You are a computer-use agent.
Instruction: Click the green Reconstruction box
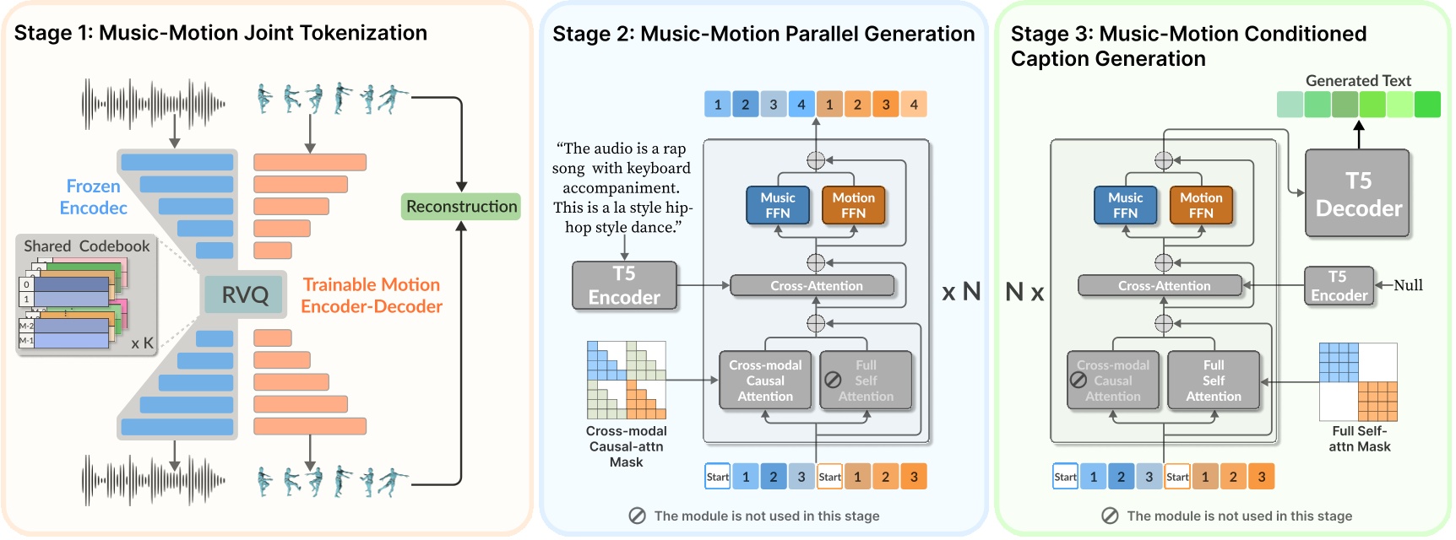coord(461,207)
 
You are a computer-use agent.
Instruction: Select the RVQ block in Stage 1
coord(244,294)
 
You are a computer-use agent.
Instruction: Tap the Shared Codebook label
coord(86,246)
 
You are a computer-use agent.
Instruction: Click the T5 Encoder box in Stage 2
coord(624,286)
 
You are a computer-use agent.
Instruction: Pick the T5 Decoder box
coord(1357,194)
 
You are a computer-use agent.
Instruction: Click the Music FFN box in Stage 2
coord(777,205)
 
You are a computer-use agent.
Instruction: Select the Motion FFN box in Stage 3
coord(1200,205)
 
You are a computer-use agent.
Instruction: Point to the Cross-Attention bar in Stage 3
coord(1163,286)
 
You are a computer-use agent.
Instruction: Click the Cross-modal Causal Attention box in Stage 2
coord(765,381)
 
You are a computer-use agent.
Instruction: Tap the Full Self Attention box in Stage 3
coord(1213,381)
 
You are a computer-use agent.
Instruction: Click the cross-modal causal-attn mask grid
coord(626,380)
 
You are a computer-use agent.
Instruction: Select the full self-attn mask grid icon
coord(1357,381)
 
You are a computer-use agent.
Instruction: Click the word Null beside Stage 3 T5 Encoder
coord(1408,285)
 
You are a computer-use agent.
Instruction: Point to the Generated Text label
coord(1357,81)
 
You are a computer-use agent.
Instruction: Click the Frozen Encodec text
coord(93,197)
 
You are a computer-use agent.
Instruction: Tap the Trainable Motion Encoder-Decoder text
coord(372,295)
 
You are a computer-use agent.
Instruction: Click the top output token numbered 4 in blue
coord(801,105)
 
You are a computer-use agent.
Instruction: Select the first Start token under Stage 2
coord(717,477)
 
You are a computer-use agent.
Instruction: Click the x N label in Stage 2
coord(961,292)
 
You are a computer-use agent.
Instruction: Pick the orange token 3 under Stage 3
coord(1261,477)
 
